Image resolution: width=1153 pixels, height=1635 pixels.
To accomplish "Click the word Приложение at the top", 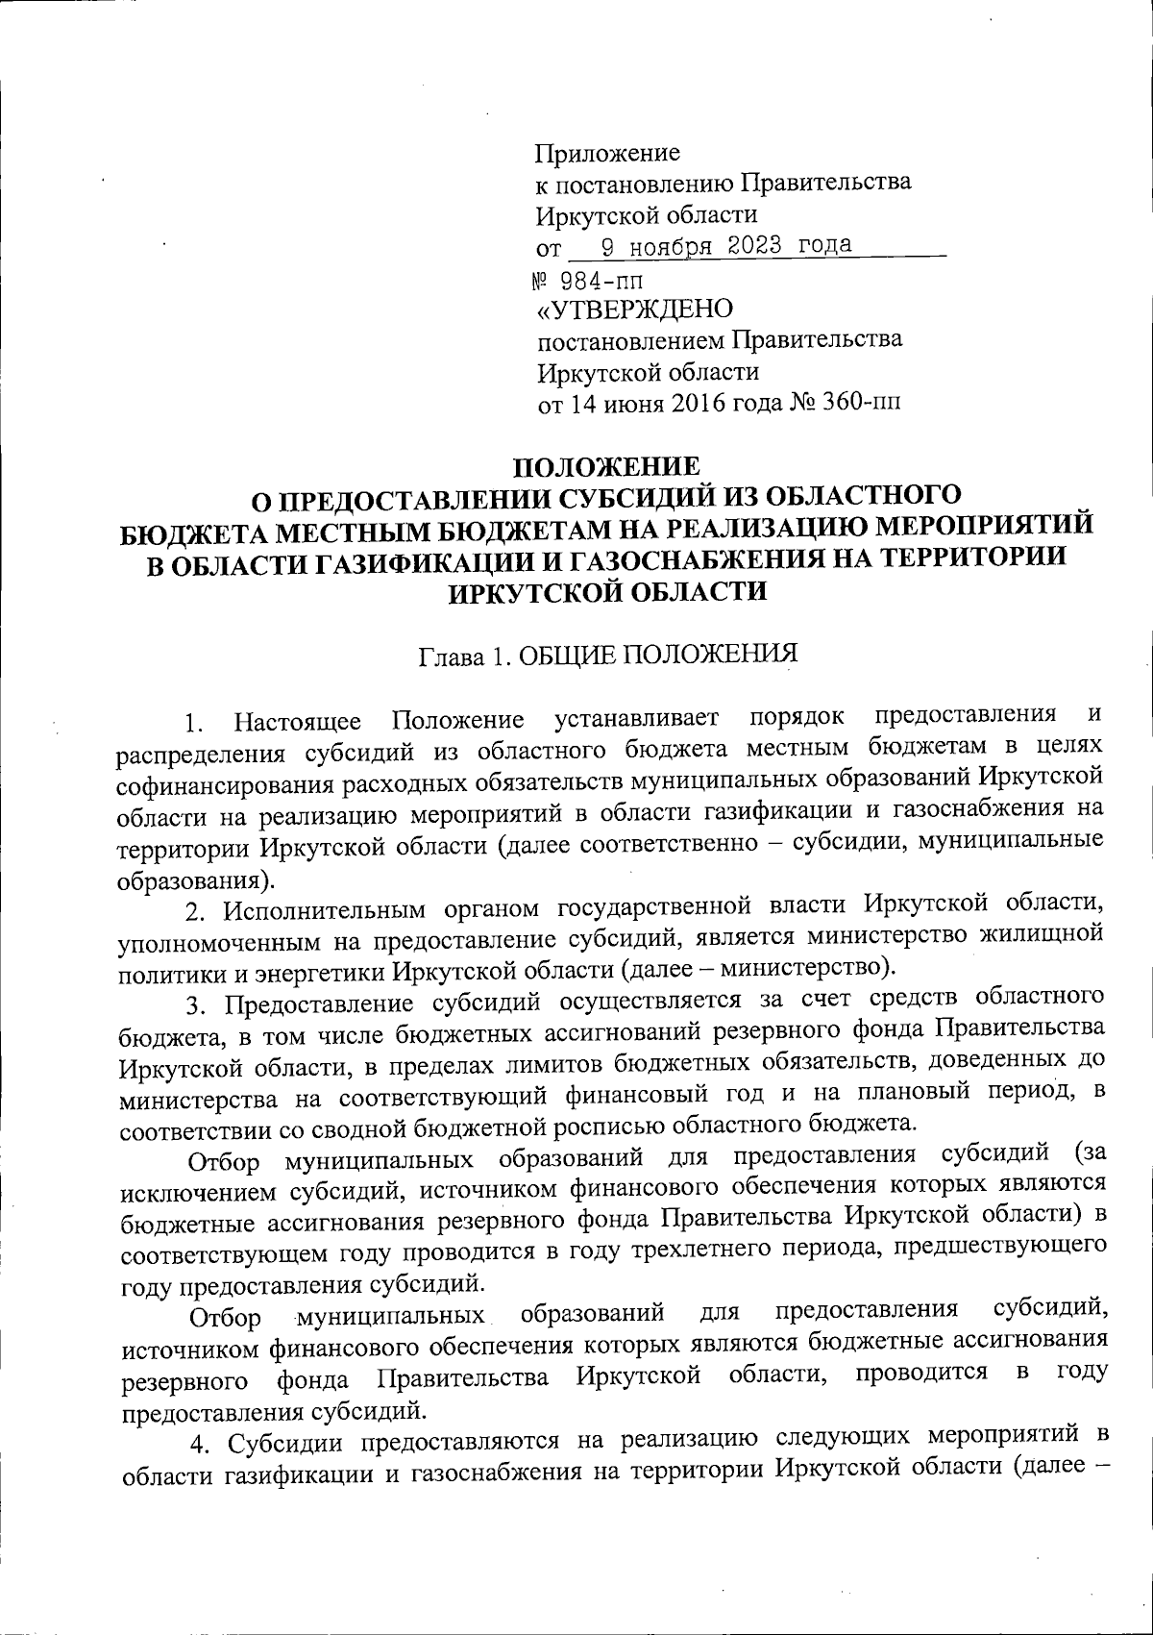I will (607, 152).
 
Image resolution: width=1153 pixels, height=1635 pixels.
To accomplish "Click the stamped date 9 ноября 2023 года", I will (727, 245).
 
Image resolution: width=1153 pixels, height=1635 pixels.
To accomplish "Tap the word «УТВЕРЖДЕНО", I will (635, 309).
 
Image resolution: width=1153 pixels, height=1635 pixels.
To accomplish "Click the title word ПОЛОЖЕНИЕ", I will (609, 466).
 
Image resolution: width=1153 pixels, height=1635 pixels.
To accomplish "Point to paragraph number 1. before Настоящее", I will (195, 721).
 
